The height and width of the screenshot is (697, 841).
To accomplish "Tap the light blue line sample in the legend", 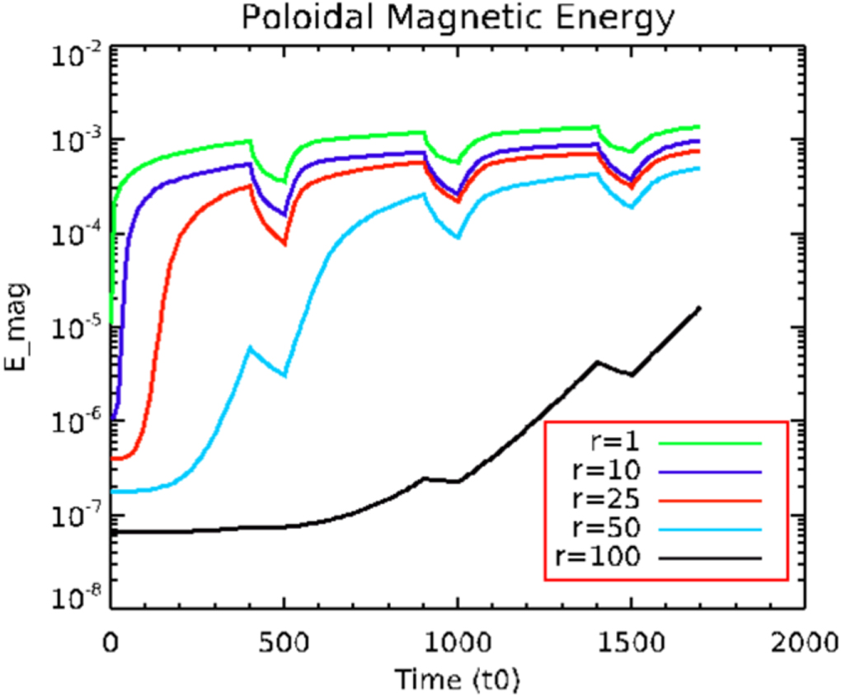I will [709, 529].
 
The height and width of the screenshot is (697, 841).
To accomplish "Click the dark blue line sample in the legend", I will [709, 472].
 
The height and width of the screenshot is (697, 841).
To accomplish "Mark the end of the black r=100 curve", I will [699, 308].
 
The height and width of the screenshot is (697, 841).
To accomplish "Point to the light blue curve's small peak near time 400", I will [251, 348].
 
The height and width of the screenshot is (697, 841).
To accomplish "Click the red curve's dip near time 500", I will [284, 244].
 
